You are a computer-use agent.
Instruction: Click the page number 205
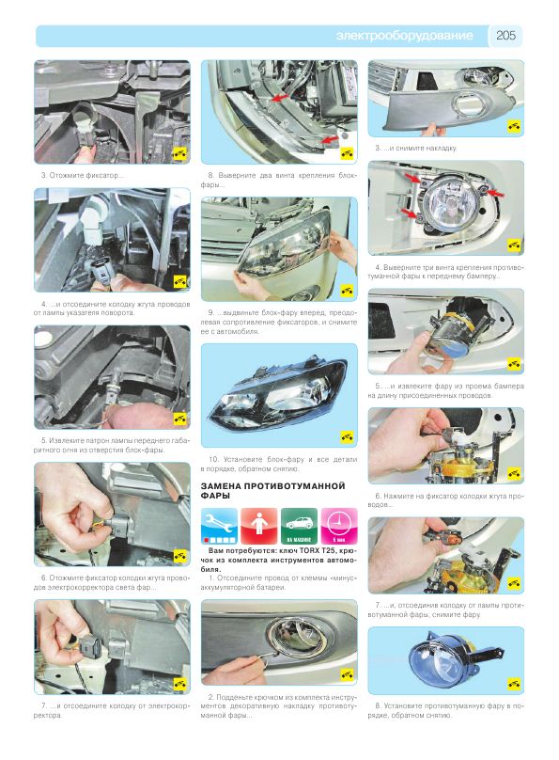(505, 36)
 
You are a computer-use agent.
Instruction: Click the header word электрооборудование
(404, 36)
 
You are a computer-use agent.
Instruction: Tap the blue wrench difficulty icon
(219, 526)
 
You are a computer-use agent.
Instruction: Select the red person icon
(259, 526)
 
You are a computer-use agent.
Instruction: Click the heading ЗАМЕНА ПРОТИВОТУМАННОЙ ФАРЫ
(273, 490)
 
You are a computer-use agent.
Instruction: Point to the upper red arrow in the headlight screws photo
(280, 98)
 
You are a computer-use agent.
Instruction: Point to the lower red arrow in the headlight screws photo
(330, 140)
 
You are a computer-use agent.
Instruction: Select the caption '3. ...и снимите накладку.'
(416, 149)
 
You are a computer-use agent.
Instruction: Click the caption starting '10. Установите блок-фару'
(279, 464)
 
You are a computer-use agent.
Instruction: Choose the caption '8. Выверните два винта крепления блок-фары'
(279, 180)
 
